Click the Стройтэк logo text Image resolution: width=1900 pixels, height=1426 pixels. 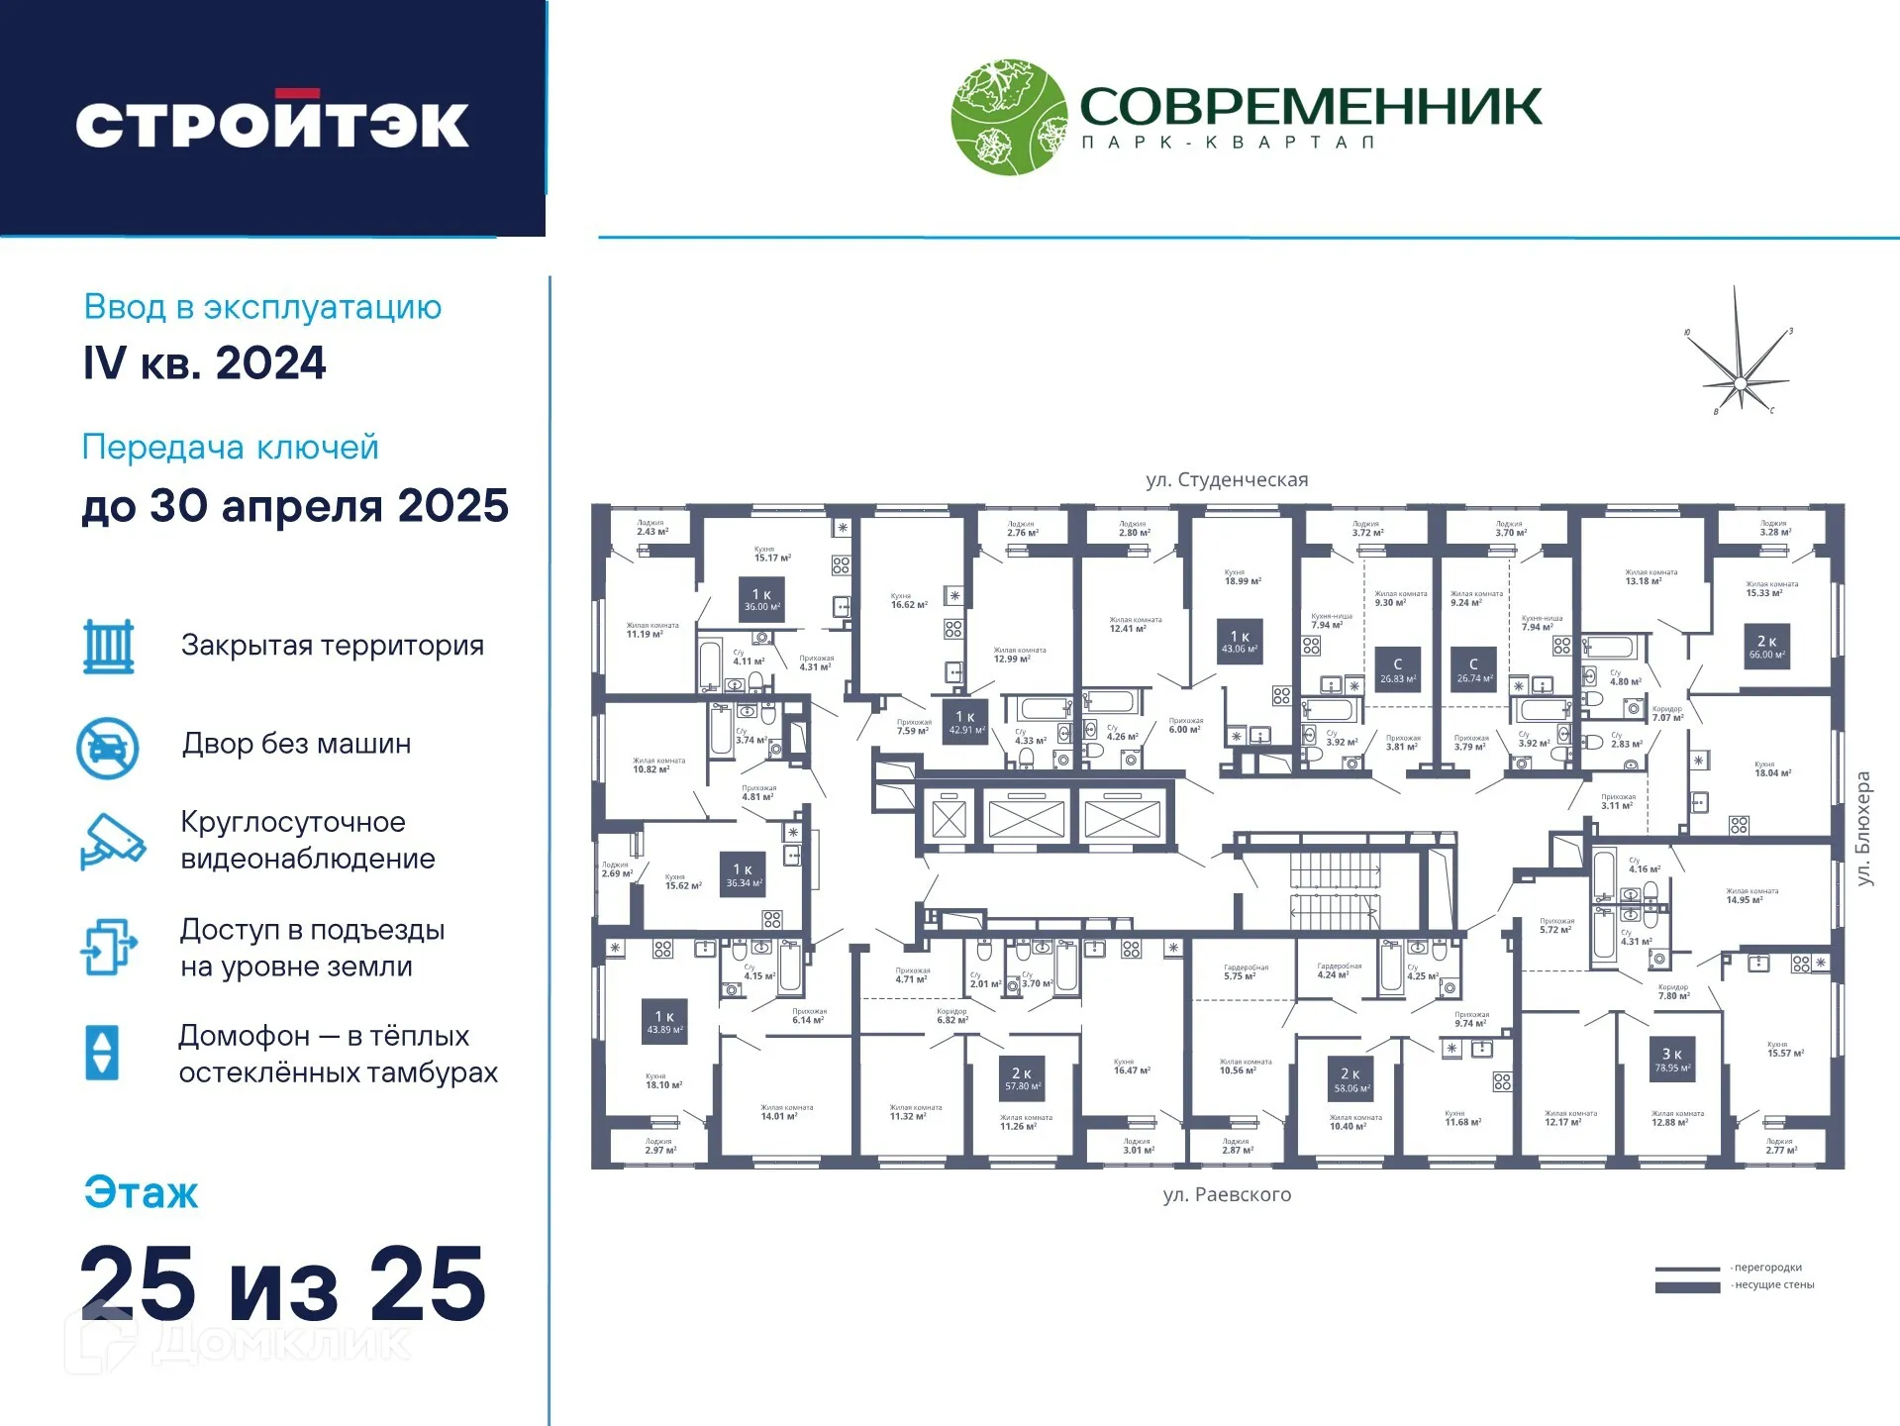click(x=272, y=124)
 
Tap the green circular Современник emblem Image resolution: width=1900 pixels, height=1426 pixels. click(x=1009, y=117)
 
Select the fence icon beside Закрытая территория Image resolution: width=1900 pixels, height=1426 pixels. click(x=108, y=647)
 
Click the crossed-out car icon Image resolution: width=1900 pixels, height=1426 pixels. click(x=108, y=748)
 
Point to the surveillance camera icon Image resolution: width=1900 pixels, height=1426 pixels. click(x=112, y=841)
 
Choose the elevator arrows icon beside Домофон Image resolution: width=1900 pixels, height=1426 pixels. click(x=103, y=1052)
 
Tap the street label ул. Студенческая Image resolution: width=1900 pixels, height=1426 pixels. click(x=1227, y=480)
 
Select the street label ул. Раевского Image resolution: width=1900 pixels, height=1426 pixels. click(x=1227, y=1195)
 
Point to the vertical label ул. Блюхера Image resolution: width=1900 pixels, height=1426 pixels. click(x=1863, y=829)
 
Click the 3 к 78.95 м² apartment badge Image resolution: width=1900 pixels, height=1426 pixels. click(x=1672, y=1060)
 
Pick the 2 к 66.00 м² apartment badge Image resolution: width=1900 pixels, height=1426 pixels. click(x=1767, y=648)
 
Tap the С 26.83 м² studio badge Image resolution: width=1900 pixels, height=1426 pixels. click(x=1398, y=670)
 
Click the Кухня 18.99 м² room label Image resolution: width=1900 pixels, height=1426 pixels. click(x=1243, y=577)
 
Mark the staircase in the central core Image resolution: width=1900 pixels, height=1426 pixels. click(x=1335, y=890)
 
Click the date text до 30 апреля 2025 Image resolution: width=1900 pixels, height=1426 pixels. click(x=295, y=506)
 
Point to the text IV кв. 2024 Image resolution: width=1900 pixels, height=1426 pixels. click(x=205, y=363)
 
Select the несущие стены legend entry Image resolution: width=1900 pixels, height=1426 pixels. click(x=1735, y=1285)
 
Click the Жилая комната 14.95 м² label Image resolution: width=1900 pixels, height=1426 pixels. click(x=1751, y=896)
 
